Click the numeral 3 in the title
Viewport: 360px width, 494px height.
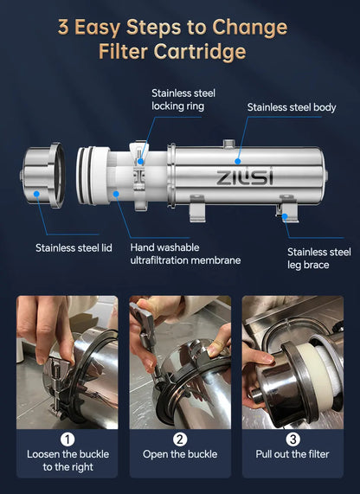tap(63, 27)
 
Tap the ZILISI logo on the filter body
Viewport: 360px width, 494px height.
tap(245, 177)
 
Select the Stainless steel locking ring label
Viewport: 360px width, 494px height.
tap(183, 99)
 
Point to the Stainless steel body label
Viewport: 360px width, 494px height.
tap(292, 107)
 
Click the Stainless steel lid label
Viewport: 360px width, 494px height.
tap(74, 248)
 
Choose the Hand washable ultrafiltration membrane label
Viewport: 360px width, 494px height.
tap(185, 254)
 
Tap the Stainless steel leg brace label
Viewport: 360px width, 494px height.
tap(319, 259)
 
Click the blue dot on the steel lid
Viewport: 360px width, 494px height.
tap(36, 194)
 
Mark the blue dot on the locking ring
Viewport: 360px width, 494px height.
tap(140, 162)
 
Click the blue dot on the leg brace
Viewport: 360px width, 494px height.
tap(285, 216)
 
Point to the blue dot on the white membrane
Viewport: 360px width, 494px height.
tap(116, 194)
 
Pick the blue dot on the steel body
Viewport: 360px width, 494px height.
tap(238, 161)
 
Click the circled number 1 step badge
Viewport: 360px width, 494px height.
tap(67, 439)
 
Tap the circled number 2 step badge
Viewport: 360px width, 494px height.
tap(180, 439)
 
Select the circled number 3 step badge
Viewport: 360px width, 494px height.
tap(292, 439)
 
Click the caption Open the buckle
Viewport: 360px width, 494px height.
tap(180, 454)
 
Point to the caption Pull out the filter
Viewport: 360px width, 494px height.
tap(292, 454)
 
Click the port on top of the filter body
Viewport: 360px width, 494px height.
tap(228, 144)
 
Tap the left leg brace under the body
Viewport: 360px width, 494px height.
tap(197, 208)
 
